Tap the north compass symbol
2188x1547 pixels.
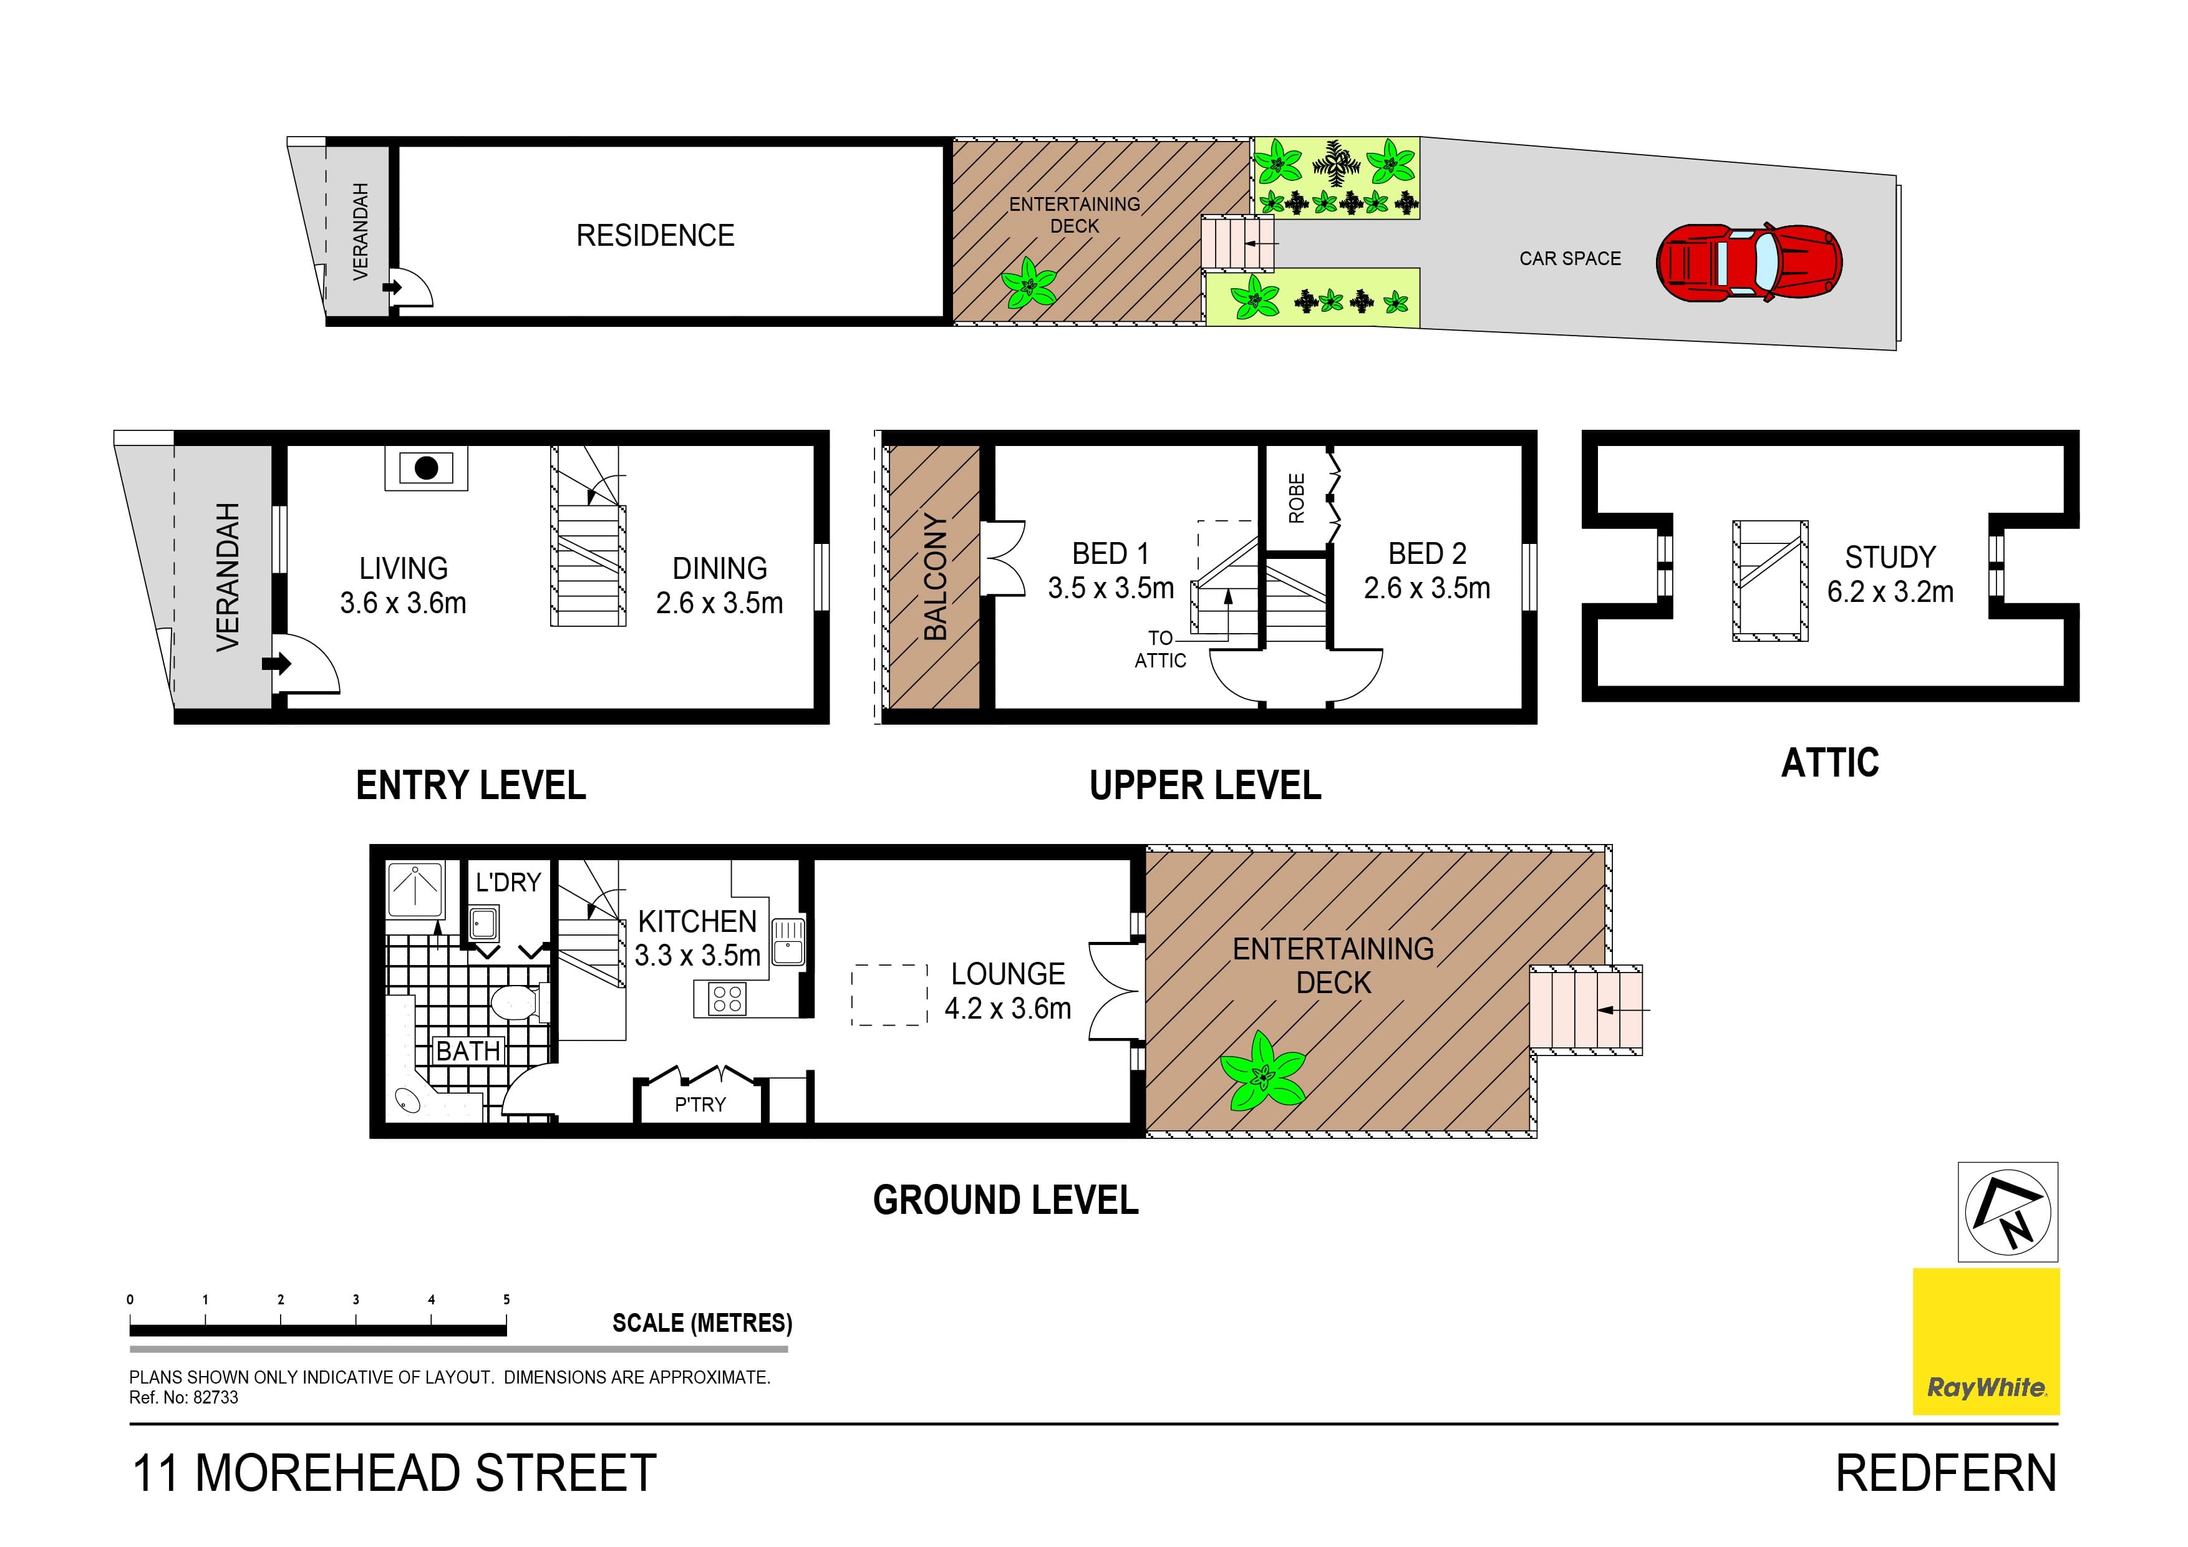[x=2008, y=1213]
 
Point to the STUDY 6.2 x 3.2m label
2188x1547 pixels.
[x=1890, y=575]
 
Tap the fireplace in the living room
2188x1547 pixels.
[x=426, y=468]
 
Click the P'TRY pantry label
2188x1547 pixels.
[x=700, y=1105]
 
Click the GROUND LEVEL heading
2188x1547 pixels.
[x=1005, y=1200]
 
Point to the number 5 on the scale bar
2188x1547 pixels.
[x=506, y=1299]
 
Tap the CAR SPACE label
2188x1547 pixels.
[x=1569, y=258]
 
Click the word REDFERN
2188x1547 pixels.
[x=1946, y=1473]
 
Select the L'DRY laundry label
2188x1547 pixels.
[x=508, y=883]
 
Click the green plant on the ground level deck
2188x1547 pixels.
[x=1264, y=1072]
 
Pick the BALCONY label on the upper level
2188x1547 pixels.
[x=936, y=576]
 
